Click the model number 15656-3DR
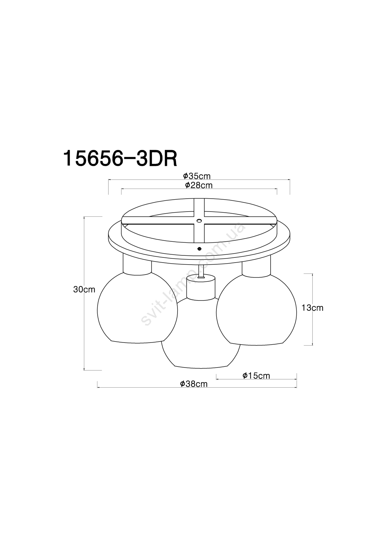(120, 159)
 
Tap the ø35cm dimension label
(197, 176)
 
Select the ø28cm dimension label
(199, 185)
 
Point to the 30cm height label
(84, 289)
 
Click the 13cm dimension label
(312, 308)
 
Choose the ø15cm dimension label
(256, 376)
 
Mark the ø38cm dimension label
(194, 384)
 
